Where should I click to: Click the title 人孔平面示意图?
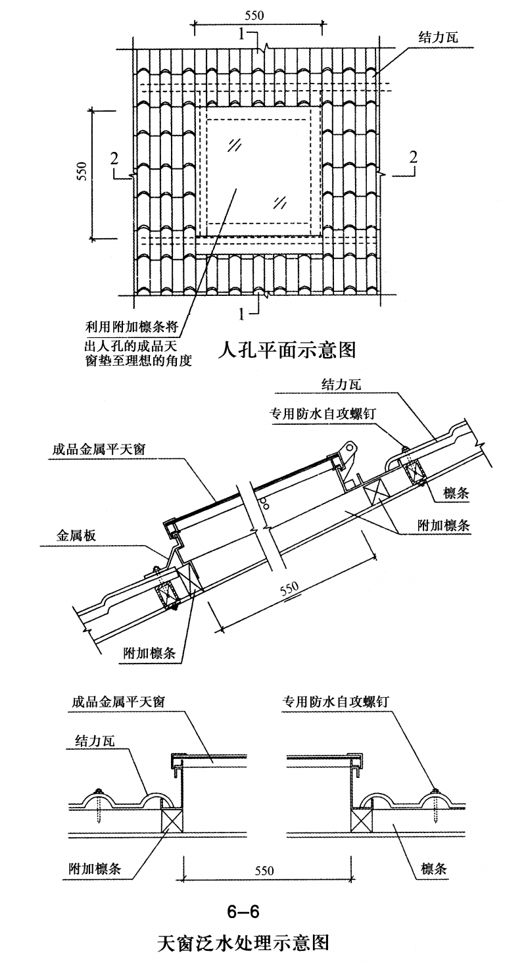coord(287,350)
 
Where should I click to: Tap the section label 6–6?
coord(243,911)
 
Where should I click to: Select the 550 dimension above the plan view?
coord(254,16)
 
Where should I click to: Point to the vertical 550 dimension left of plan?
coord(82,171)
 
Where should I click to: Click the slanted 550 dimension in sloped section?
coord(289,588)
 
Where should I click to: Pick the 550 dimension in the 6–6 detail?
coord(264,871)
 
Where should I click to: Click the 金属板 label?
coord(76,535)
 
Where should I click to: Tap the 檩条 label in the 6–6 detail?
coord(434,869)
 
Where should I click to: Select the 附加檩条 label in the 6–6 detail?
coord(95,869)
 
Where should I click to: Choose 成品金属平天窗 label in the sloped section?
coord(99,449)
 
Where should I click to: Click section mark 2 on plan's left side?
coord(114,158)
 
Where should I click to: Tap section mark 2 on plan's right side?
coord(413,157)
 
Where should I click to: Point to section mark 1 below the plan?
coord(243,314)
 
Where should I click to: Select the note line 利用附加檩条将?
coord(131,327)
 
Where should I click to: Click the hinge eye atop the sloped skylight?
coord(350,447)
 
